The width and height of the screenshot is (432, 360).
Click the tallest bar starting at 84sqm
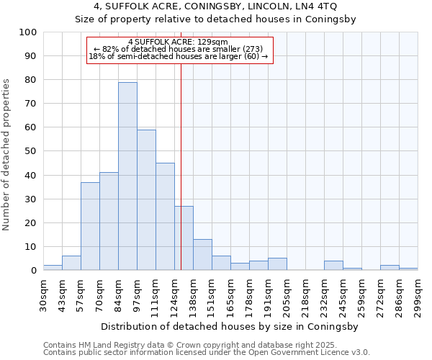127,176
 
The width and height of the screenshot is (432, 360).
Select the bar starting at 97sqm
146,200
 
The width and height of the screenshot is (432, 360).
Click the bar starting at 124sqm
184,238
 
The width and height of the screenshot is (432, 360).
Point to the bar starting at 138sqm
202,255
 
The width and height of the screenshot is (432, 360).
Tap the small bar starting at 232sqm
333,266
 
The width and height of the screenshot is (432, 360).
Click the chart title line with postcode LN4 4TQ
216,6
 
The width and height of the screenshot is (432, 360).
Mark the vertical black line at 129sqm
181,166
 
